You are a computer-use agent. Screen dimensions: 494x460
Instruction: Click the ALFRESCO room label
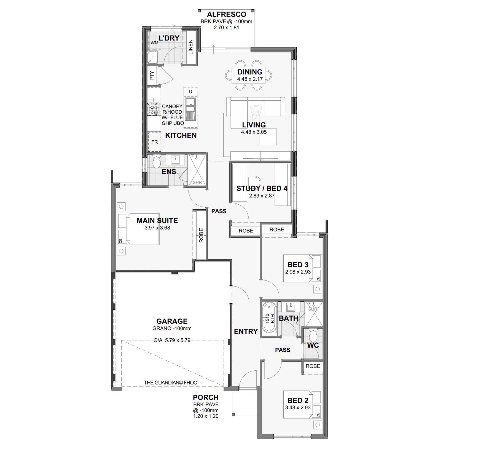point(226,14)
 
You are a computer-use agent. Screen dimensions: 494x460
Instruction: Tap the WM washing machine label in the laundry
point(154,43)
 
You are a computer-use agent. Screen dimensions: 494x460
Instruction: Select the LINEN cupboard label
point(190,47)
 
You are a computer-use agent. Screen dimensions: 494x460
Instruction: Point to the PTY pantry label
point(152,76)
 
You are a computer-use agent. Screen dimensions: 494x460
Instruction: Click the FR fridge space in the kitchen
point(154,142)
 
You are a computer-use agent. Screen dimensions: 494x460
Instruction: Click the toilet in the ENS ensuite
point(157,161)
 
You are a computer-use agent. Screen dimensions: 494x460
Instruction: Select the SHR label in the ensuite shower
point(197,182)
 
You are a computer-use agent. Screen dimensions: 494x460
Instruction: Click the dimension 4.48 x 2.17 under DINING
point(250,79)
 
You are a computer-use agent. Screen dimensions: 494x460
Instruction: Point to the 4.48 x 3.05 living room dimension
point(254,132)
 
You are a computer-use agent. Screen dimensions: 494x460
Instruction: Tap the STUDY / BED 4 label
point(262,188)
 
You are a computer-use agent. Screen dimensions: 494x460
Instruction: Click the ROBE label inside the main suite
point(201,235)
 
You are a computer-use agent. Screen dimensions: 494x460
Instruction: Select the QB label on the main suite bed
point(120,241)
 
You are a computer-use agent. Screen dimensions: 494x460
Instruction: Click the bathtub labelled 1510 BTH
point(269,318)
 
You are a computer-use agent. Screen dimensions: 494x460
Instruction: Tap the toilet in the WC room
point(313,335)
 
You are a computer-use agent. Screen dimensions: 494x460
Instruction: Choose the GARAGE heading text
point(172,321)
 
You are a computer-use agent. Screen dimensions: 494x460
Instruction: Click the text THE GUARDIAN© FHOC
point(170,383)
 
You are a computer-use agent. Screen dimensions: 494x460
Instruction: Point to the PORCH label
point(206,397)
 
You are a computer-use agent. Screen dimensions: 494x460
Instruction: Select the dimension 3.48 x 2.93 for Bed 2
point(298,408)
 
